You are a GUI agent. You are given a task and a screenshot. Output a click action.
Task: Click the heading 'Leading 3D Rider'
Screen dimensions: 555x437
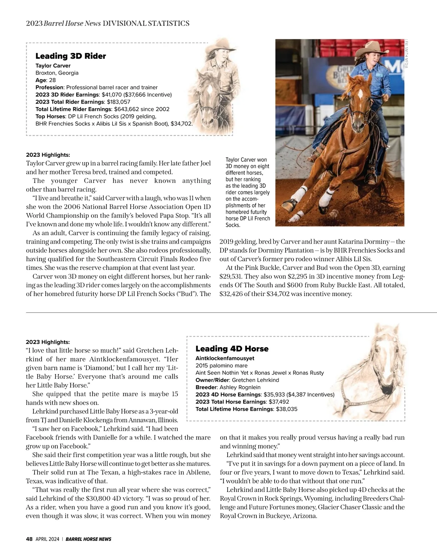click(x=71, y=56)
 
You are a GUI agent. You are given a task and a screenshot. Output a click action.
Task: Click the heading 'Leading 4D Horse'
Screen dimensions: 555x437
click(x=232, y=349)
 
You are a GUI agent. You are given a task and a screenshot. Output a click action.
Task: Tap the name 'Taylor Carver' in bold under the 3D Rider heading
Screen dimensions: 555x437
click(x=53, y=66)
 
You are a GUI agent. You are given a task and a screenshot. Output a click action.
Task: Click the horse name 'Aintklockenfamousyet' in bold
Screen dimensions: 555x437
click(x=225, y=358)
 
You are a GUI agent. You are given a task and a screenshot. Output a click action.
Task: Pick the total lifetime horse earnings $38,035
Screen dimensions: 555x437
click(x=287, y=409)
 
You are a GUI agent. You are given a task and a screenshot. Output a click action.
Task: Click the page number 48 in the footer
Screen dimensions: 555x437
click(x=29, y=539)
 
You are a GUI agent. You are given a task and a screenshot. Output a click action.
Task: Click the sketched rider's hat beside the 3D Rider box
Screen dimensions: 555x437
click(x=220, y=46)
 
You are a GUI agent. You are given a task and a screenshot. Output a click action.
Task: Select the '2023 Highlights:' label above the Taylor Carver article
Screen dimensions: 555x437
click(x=48, y=155)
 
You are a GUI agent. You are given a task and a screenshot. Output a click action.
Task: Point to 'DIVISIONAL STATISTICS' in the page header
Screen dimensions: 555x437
click(x=146, y=24)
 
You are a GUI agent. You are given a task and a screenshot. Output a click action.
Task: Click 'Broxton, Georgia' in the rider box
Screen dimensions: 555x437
click(x=57, y=73)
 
